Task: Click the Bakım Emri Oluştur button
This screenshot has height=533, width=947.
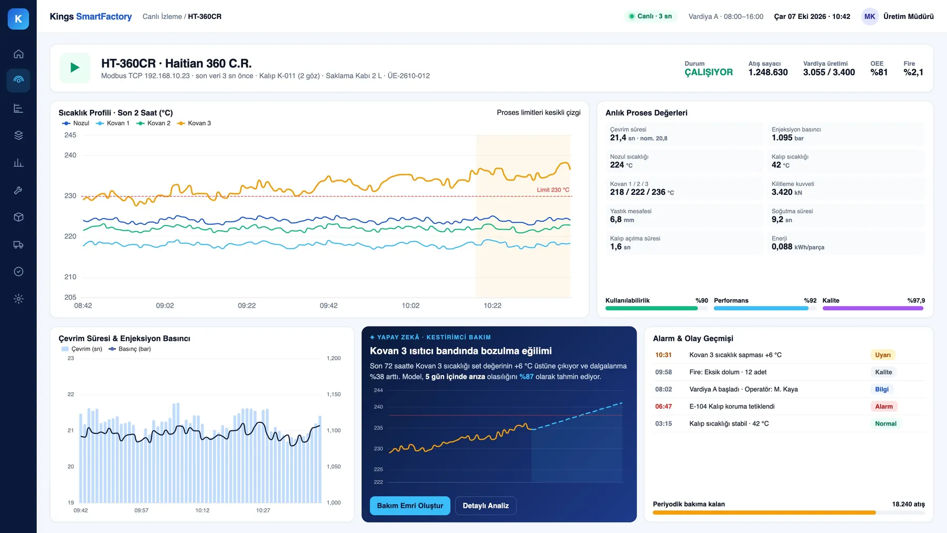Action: tap(410, 506)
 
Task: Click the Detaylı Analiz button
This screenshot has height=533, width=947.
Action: tap(486, 506)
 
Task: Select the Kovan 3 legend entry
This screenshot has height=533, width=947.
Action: tap(194, 123)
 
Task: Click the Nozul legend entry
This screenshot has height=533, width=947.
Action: tap(76, 123)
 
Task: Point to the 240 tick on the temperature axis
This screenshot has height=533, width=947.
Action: tap(70, 155)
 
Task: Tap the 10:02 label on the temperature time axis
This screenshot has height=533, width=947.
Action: tap(410, 305)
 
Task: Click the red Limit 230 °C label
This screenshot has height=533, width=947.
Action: tap(553, 190)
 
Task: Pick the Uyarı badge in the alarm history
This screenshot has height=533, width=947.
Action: tap(883, 355)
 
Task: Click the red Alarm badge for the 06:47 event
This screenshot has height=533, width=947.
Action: tap(884, 407)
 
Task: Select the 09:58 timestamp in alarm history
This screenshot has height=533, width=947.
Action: tap(663, 372)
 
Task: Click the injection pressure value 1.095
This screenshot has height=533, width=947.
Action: tap(782, 137)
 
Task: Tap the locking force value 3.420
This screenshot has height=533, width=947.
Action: tap(782, 192)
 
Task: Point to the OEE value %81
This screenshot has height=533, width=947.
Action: tap(879, 72)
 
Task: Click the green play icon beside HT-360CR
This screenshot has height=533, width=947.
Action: tap(75, 67)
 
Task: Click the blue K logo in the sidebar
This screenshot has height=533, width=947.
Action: tap(18, 19)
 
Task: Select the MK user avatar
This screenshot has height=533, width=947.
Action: tap(870, 16)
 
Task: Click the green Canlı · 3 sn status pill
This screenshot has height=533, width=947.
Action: tap(650, 16)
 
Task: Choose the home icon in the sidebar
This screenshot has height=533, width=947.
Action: tap(18, 54)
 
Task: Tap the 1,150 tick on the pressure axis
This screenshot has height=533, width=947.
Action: tap(334, 394)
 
